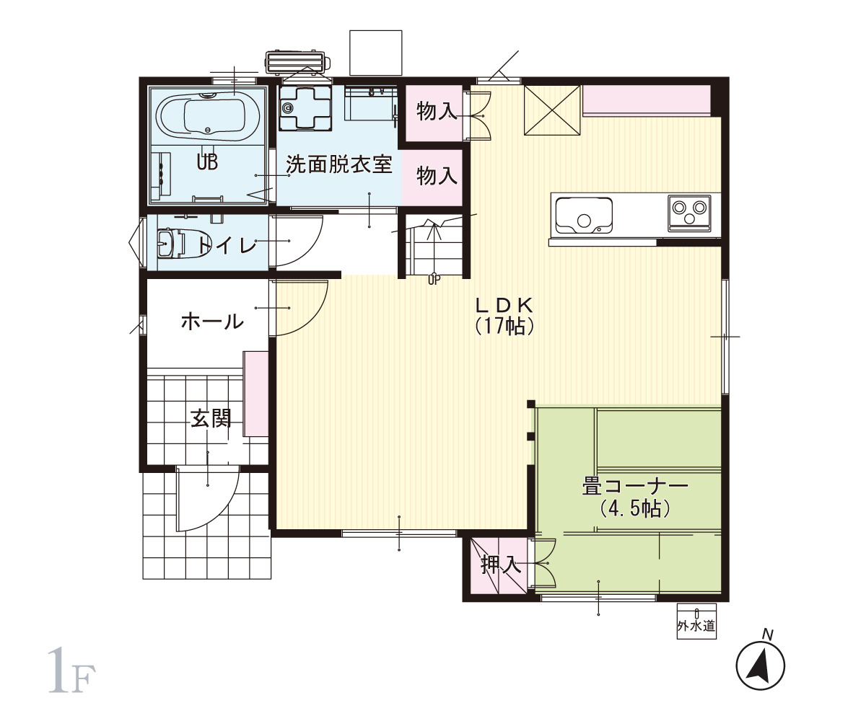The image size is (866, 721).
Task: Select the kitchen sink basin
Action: (x=584, y=215)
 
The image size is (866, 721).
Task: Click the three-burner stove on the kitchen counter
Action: (x=689, y=213)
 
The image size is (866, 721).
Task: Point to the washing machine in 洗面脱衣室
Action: (x=305, y=107)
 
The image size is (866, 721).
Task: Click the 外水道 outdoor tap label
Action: (x=696, y=626)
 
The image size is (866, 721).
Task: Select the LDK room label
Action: (x=504, y=306)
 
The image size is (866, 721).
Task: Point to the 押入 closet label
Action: (x=500, y=565)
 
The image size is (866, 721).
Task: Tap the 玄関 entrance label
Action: (x=211, y=418)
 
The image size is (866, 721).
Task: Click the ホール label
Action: (x=212, y=322)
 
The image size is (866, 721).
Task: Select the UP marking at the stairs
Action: (x=434, y=280)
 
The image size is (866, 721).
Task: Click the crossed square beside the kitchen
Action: (x=552, y=110)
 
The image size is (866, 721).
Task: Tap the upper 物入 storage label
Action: (x=437, y=112)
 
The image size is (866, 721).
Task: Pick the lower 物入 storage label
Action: (x=437, y=176)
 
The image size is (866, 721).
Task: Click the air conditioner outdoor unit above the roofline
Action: (x=297, y=62)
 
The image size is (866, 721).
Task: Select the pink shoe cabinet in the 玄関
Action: (x=255, y=394)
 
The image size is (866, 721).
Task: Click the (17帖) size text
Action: (x=504, y=326)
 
